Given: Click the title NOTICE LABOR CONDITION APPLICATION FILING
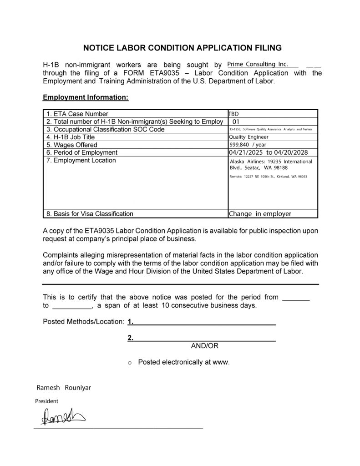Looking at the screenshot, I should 182,47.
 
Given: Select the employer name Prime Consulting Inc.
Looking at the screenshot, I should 257,65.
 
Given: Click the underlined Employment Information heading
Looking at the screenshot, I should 86,97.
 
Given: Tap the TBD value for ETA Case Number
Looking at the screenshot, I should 233,113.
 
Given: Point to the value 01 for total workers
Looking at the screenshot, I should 236,122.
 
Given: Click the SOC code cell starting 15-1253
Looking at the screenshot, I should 271,130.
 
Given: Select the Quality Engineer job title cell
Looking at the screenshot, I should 248,137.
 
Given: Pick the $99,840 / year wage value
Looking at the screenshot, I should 248,145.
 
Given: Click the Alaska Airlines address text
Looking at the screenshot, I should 271,164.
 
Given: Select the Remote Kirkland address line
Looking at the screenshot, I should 269,176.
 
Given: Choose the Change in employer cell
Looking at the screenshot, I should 260,213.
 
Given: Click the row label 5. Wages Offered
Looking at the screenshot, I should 72,145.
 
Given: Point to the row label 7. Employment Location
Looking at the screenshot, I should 81,160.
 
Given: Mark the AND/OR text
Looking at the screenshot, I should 205,346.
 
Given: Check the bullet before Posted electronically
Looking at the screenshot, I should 130,363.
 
